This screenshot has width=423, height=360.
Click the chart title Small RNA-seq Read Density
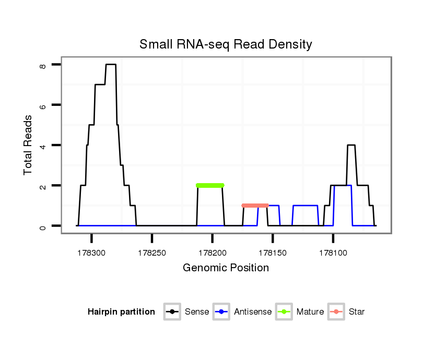[226, 44]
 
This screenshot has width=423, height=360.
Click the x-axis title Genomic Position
[226, 268]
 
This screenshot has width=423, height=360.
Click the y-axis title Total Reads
[28, 145]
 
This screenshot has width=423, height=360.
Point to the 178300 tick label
[91, 253]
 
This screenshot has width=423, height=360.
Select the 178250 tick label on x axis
[152, 253]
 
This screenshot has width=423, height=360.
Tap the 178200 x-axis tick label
[212, 253]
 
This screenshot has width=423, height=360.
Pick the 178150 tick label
[273, 253]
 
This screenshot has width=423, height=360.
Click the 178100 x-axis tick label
[333, 253]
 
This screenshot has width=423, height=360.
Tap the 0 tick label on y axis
[43, 226]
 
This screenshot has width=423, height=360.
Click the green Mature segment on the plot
[210, 185]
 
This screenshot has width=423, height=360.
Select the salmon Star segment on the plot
[255, 206]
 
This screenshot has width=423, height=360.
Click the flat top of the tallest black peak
[110, 65]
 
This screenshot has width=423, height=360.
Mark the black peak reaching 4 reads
[351, 145]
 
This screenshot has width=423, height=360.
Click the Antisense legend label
[252, 312]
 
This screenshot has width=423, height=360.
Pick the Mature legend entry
[310, 312]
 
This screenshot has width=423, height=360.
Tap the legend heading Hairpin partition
[121, 312]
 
